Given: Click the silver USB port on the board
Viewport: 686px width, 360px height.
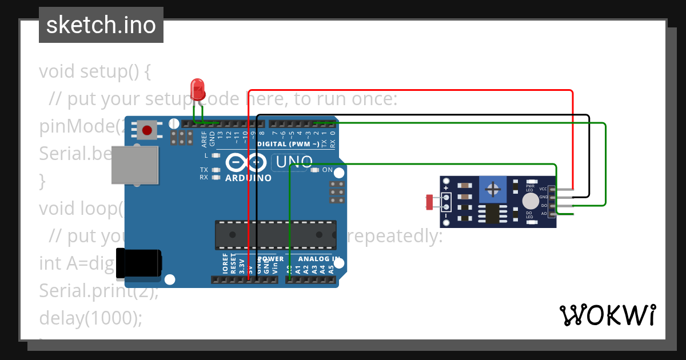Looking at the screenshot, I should pyautogui.click(x=134, y=165).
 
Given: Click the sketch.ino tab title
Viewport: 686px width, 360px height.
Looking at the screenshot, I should pyautogui.click(x=101, y=25).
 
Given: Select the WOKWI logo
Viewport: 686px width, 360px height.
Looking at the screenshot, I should pyautogui.click(x=607, y=315).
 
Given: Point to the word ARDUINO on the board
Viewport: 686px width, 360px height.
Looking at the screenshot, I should pyautogui.click(x=248, y=178).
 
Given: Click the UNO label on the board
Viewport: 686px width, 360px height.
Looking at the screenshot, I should pyautogui.click(x=294, y=162).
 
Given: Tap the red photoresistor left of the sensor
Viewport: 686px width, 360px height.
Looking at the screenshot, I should pyautogui.click(x=430, y=201).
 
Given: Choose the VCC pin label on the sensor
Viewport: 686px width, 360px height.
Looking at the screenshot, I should pyautogui.click(x=543, y=189).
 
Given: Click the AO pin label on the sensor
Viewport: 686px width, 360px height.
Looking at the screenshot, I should pyautogui.click(x=544, y=213).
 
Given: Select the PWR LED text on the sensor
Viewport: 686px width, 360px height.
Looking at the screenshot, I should pyautogui.click(x=530, y=188).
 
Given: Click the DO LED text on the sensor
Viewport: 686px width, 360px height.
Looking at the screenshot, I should pyautogui.click(x=530, y=215).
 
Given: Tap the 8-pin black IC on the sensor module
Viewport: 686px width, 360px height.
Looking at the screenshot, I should pyautogui.click(x=492, y=214).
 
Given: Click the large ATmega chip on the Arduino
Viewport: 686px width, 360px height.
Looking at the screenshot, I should pyautogui.click(x=275, y=235).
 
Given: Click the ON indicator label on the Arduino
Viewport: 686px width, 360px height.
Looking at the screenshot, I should pyautogui.click(x=328, y=170).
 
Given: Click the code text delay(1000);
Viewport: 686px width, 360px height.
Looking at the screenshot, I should pyautogui.click(x=90, y=318).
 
